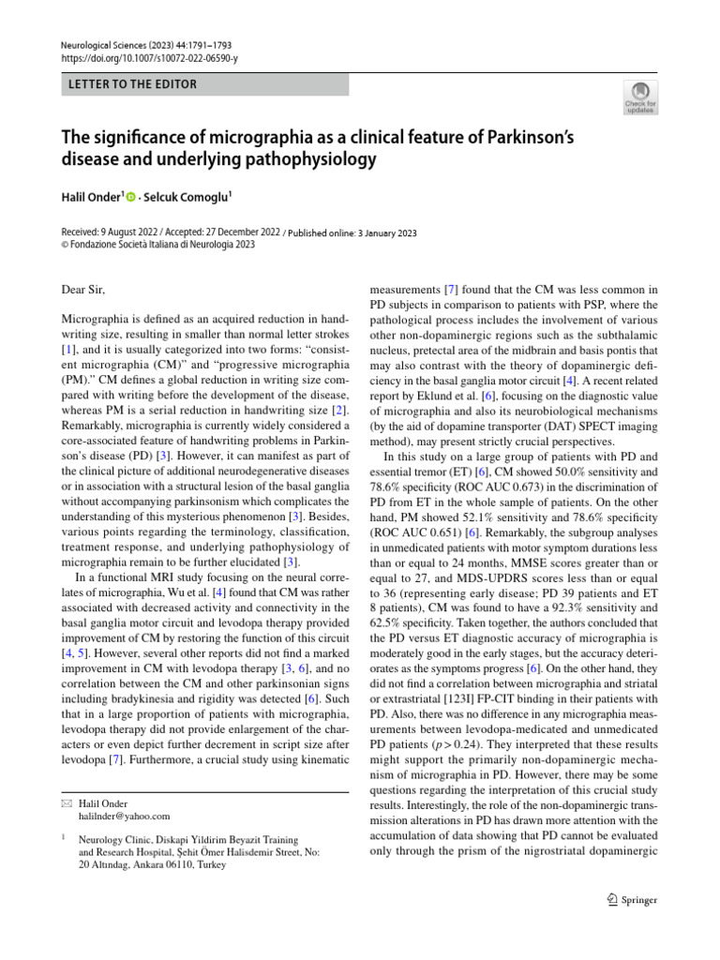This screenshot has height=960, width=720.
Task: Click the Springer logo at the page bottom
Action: click(x=633, y=900)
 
